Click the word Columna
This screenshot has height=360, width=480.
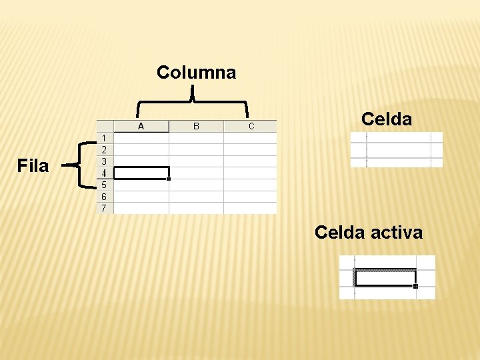(196, 72)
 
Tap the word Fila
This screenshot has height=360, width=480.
(33, 166)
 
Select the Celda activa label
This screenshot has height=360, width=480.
(368, 233)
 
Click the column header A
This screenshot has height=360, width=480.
(141, 126)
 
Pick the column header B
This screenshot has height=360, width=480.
(196, 126)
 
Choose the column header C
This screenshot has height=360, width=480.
(251, 126)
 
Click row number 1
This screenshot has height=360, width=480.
(104, 138)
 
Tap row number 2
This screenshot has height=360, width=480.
(104, 149)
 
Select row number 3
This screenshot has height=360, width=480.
(104, 161)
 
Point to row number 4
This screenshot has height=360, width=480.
(104, 173)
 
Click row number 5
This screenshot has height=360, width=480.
(104, 185)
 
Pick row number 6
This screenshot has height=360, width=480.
(104, 197)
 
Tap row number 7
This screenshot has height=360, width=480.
(104, 208)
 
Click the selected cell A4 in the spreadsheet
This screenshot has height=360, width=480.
(141, 173)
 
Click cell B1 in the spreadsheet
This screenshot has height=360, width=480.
(196, 138)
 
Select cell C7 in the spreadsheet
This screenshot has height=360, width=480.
(251, 208)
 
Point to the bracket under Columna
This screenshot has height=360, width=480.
(193, 101)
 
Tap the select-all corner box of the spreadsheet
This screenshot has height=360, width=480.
(105, 126)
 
